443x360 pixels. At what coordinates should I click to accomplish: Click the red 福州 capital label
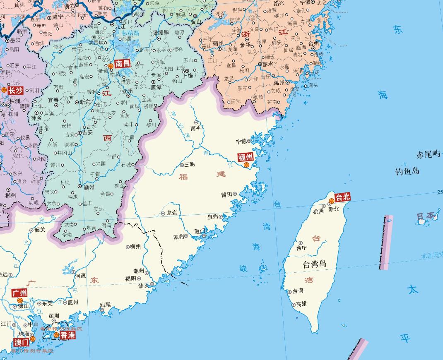245,157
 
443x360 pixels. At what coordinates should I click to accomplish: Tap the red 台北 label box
343,197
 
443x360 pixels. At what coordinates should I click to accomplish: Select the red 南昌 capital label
123,63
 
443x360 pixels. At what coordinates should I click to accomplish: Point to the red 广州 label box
19,293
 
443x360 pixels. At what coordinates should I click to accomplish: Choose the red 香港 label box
67,335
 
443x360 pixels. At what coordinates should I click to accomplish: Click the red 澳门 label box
21,342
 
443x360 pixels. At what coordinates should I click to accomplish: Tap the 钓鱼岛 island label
407,171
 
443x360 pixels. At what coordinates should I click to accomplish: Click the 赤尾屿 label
428,155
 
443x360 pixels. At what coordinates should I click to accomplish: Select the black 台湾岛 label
315,264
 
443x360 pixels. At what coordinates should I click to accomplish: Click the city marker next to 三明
181,165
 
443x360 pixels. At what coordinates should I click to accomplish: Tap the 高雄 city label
301,304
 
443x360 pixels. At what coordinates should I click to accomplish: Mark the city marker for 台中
301,243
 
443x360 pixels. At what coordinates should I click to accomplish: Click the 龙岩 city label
172,213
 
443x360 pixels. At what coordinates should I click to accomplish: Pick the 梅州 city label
135,247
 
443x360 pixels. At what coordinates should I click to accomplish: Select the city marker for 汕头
152,284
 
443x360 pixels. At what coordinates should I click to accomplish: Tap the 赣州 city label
89,187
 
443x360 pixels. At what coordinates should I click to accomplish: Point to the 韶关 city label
40,230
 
